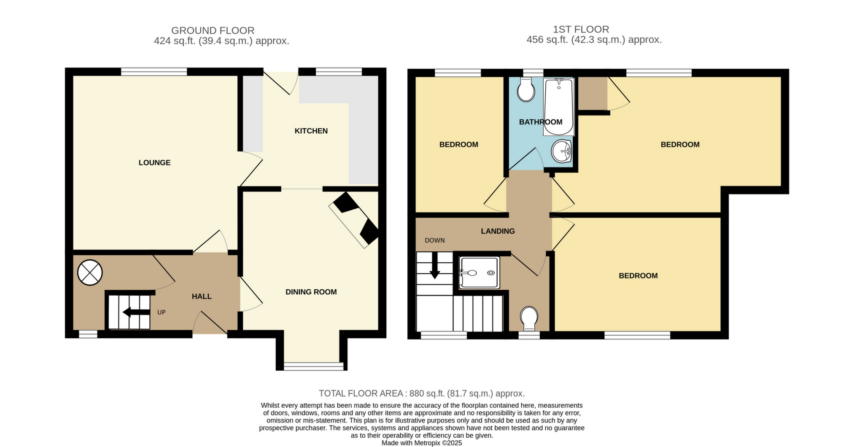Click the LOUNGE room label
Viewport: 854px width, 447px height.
(x=154, y=162)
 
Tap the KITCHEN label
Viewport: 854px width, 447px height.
(x=311, y=131)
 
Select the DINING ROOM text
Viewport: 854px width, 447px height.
(x=311, y=292)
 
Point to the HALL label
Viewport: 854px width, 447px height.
(x=202, y=296)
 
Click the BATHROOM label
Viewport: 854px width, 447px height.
(x=541, y=122)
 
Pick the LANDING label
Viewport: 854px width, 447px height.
(x=498, y=231)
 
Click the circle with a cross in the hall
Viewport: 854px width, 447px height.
(x=90, y=272)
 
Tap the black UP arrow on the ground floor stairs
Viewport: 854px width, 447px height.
(x=136, y=312)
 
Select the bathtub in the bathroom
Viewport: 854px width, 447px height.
(x=558, y=107)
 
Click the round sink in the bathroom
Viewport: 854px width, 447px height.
(x=561, y=151)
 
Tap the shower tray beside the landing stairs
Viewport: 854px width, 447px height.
(x=479, y=273)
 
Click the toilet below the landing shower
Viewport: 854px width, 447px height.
(x=529, y=318)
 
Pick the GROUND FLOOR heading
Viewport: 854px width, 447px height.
(x=213, y=31)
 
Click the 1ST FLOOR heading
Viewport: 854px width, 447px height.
(x=581, y=30)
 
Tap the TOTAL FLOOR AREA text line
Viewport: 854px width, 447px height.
(x=422, y=393)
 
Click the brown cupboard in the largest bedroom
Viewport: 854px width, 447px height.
(x=593, y=93)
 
